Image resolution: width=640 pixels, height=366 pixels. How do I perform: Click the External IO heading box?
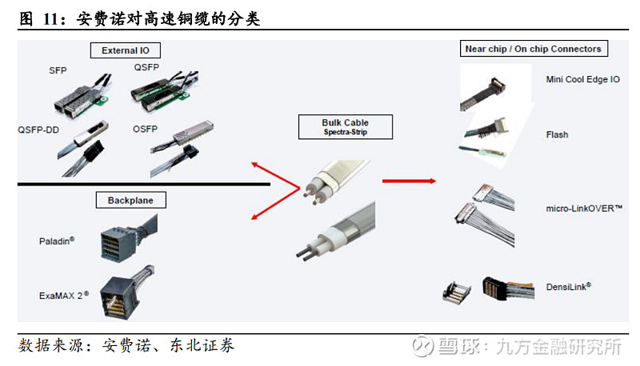[126, 50]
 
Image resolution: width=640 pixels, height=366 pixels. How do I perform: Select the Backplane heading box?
[130, 200]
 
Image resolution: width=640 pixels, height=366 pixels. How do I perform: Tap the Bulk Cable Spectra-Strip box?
[346, 127]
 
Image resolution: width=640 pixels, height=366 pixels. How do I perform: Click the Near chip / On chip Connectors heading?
[534, 49]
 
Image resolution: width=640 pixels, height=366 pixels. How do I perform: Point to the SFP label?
[58, 70]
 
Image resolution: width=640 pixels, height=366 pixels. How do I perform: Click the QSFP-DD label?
[38, 129]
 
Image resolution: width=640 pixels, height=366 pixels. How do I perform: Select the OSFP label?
[145, 129]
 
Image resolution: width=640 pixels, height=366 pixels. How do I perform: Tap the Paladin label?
[56, 241]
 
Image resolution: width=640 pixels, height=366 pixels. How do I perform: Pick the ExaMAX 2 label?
[64, 295]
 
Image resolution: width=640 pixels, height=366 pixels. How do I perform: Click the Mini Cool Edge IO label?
[582, 79]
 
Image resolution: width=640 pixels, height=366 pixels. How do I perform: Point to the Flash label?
[557, 134]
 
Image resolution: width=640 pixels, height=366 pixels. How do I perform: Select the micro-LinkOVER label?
[584, 209]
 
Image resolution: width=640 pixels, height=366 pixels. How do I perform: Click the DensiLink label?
[568, 287]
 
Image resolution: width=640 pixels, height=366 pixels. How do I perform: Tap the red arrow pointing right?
[409, 181]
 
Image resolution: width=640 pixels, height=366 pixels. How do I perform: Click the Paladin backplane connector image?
[128, 238]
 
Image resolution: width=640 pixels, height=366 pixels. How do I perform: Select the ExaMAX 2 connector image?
[126, 292]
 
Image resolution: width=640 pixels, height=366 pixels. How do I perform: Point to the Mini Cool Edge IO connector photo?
[484, 93]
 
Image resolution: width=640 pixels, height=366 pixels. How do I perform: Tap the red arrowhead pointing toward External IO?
[254, 165]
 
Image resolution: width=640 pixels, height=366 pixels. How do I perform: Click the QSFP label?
[146, 67]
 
